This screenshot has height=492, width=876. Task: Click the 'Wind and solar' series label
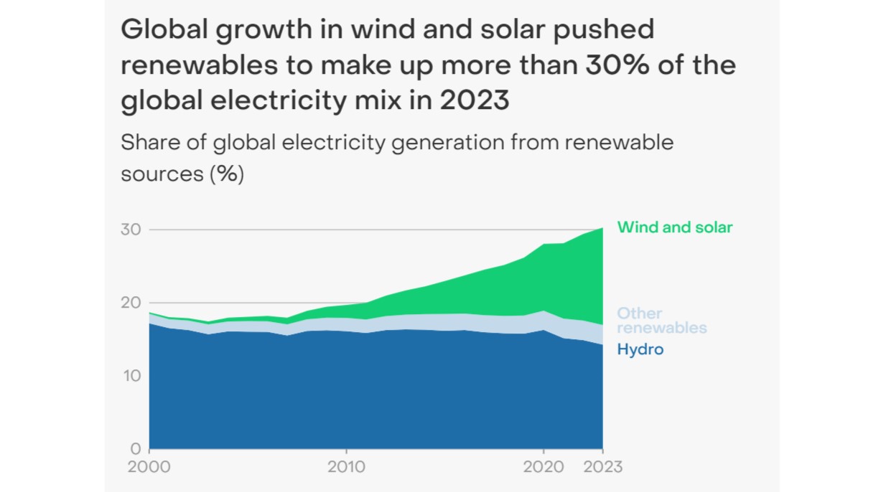[674, 227]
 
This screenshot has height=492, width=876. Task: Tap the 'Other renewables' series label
[661, 321]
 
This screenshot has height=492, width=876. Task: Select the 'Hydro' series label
[640, 350]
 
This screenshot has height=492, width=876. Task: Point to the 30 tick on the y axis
[130, 230]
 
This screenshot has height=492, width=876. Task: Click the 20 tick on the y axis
[130, 303]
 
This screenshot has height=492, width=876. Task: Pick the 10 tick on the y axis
[130, 376]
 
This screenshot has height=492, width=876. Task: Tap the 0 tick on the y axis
[135, 449]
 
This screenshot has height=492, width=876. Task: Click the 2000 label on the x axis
[149, 467]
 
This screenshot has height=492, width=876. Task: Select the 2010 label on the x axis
[347, 467]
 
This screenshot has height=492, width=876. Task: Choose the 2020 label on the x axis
[544, 467]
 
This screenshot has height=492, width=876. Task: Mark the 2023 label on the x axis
[601, 467]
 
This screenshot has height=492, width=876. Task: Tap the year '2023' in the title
[475, 100]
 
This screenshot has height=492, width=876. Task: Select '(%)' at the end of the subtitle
[226, 174]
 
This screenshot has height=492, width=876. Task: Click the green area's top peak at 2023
[602, 228]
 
